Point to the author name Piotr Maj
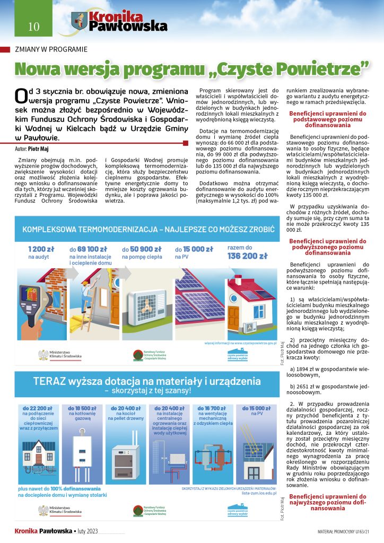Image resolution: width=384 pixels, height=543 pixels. (39, 150)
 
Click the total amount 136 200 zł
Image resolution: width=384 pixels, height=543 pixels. (247, 256)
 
